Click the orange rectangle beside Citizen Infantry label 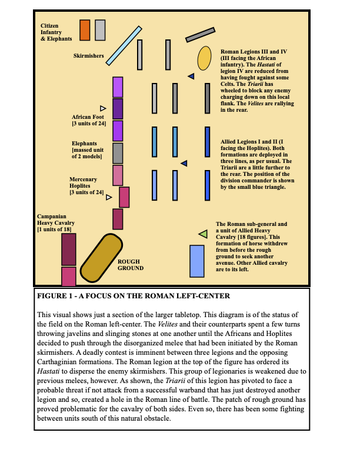pyautogui.click(x=85, y=30)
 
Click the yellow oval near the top pyautogui.click(x=204, y=58)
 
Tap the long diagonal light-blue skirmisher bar pyautogui.click(x=124, y=45)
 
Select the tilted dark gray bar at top pyautogui.click(x=201, y=35)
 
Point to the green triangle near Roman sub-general pyautogui.click(x=203, y=234)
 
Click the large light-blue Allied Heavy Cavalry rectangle pyautogui.click(x=196, y=261)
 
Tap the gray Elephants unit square pyautogui.click(x=118, y=153)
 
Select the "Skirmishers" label pyautogui.click(x=89, y=56)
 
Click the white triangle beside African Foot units pyautogui.click(x=103, y=108)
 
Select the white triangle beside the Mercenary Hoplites pyautogui.click(x=109, y=198)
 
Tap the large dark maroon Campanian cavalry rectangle pyautogui.click(x=69, y=249)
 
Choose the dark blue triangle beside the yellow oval pyautogui.click(x=191, y=76)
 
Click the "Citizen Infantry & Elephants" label pyautogui.click(x=56, y=32)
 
